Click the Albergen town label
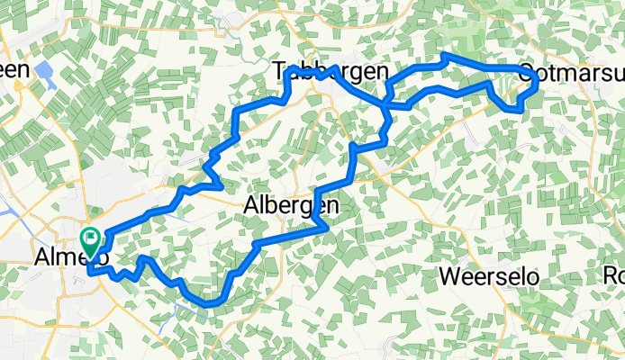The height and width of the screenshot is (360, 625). coord(291,206)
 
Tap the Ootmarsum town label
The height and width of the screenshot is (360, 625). coord(572,71)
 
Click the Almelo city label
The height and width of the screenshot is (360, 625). coord(71,258)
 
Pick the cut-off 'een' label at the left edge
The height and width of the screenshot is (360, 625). coord(14,69)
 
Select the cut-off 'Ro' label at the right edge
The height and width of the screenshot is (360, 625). coord(614,275)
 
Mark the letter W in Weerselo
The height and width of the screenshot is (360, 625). coord(449,275)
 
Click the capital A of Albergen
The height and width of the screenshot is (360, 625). coord(251,206)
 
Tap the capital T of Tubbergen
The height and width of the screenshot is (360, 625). coord(278,71)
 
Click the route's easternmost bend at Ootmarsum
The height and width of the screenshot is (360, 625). coord(538,82)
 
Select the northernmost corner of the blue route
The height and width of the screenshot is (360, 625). coord(444,56)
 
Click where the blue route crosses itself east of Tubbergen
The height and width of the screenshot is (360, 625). coord(386,104)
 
